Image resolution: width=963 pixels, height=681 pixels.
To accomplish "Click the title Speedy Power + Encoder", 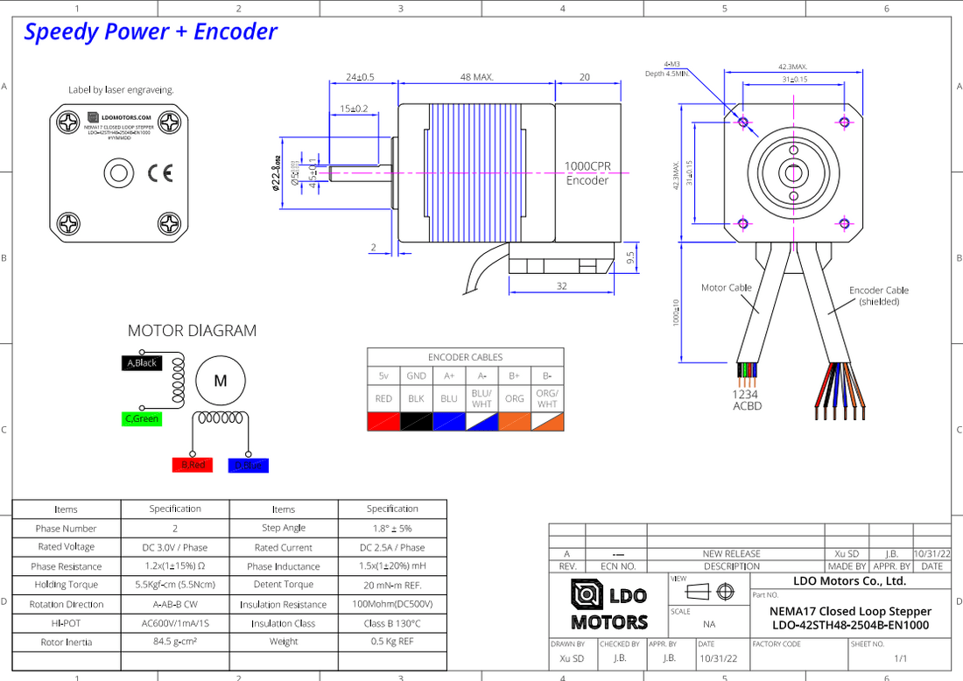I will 151,32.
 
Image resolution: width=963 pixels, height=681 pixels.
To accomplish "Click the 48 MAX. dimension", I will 476,77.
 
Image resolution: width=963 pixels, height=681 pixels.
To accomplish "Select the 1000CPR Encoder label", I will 587,173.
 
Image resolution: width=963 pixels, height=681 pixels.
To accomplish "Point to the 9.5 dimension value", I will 630,257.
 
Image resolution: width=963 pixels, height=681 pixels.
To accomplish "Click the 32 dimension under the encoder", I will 561,286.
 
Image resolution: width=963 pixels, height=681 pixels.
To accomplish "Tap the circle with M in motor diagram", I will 221,381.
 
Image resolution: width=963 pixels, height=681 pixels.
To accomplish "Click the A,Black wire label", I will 142,362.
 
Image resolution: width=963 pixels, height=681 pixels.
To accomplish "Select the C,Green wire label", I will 142,419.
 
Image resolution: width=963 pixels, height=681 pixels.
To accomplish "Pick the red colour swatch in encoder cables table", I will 383,421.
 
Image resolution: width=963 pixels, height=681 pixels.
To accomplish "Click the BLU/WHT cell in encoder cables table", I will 481,398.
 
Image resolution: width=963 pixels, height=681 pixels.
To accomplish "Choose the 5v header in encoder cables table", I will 383,376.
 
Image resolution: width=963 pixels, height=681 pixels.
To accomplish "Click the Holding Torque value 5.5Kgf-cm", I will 175,585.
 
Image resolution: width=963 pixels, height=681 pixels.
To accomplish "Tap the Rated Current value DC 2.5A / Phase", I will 392,547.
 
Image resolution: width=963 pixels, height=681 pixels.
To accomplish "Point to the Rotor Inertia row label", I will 67,642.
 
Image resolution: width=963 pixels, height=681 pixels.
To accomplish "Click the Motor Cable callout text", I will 727,287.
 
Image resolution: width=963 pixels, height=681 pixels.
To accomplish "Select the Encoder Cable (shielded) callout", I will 879,296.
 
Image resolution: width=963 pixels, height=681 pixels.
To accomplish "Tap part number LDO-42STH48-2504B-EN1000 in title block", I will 850,625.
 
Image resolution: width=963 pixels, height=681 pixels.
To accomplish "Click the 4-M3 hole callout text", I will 672,64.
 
